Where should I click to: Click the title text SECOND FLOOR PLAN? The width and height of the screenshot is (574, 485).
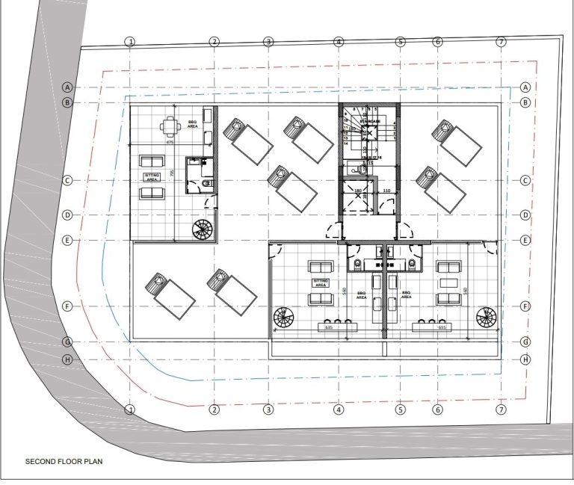coord(64,462)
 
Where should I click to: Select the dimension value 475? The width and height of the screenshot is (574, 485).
coord(170,142)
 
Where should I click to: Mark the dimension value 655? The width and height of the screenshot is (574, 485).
coord(442,327)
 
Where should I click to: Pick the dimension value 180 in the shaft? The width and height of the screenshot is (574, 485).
coord(357,192)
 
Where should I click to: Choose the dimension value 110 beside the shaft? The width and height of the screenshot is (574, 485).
coord(386,192)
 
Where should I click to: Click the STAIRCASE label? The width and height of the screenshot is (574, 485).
coord(370,121)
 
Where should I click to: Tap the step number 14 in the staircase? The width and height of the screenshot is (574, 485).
coord(346,143)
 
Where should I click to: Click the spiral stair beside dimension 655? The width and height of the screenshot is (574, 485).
coord(485,317)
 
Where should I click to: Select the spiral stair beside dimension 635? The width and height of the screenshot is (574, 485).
coord(284,317)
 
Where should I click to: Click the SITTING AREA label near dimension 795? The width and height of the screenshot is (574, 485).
coord(152,177)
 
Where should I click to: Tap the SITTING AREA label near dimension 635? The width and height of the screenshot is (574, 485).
coord(321,282)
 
